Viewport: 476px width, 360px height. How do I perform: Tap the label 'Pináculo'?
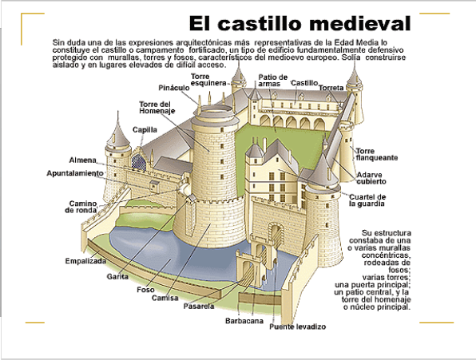[x=174, y=88]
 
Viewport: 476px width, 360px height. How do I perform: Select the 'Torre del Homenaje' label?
[x=157, y=108]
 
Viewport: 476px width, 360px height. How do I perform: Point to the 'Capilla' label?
[x=145, y=130]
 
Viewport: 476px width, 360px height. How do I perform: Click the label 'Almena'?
[x=82, y=160]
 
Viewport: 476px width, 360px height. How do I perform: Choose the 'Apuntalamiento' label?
[x=75, y=173]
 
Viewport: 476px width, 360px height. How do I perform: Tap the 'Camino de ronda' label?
[x=81, y=207]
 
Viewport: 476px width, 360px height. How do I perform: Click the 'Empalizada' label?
[x=85, y=261]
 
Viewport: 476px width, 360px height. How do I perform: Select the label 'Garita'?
[x=117, y=277]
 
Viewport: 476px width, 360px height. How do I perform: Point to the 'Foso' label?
[x=145, y=290]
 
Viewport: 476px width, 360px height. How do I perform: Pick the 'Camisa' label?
[x=165, y=298]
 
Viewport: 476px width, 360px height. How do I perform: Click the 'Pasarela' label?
[x=199, y=307]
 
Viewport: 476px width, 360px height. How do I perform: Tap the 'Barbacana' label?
[x=244, y=321]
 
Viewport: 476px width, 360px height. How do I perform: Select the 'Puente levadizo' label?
[x=297, y=326]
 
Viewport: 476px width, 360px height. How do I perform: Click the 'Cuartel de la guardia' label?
[x=367, y=200]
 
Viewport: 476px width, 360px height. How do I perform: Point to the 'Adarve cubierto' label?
[x=371, y=178]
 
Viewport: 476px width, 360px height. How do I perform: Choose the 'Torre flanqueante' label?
[x=377, y=154]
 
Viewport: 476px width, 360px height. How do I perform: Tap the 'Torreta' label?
[x=331, y=88]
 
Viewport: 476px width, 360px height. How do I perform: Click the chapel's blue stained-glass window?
[x=139, y=162]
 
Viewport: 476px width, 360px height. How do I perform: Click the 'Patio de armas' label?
[x=273, y=81]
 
